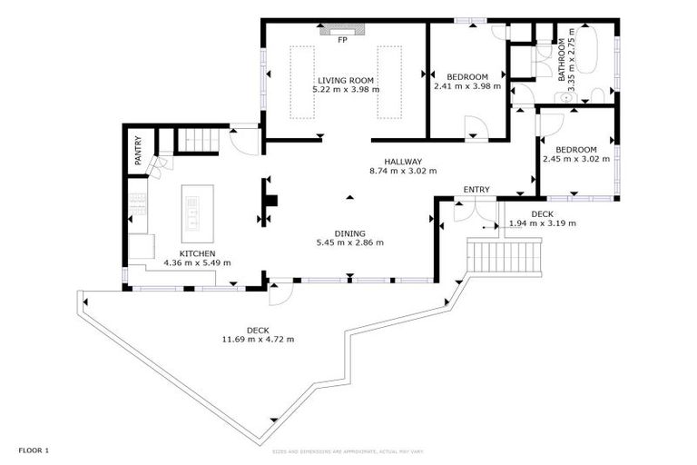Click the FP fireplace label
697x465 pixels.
coord(342,41)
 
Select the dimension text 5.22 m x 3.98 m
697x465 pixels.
coord(346,90)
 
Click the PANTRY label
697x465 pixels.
coord(138,150)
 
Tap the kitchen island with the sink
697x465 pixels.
coord(193,210)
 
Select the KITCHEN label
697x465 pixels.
coord(197,253)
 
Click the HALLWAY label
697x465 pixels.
coord(403,161)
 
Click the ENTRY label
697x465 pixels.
coord(476,190)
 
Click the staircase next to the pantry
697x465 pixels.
coord(193,140)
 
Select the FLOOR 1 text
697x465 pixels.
coord(34,450)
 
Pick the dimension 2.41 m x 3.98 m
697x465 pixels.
coord(467,86)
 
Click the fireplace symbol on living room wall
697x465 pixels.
coord(343,31)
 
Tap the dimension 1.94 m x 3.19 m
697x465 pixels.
coord(542,223)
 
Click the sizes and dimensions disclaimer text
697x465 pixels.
coord(348,450)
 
